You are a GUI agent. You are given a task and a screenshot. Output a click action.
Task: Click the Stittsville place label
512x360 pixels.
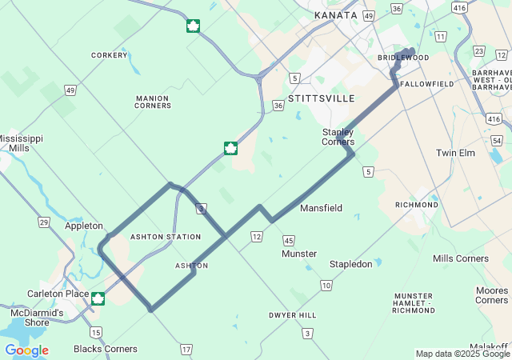pos(321,98)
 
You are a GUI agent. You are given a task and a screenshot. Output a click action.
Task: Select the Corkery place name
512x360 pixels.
pos(110,55)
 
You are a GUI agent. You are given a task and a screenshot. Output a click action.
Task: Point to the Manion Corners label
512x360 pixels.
pos(152,101)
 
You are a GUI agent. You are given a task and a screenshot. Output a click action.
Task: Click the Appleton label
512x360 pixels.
pos(84,226)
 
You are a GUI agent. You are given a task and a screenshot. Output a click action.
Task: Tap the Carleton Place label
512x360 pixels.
pos(57,294)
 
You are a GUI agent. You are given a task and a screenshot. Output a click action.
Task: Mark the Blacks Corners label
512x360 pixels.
pos(105,349)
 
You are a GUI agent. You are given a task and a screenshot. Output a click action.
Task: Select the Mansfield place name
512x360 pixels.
pos(321,208)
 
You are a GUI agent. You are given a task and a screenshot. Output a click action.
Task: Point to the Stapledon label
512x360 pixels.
pos(351,264)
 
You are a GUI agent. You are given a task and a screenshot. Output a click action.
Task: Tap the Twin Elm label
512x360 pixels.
pos(456,153)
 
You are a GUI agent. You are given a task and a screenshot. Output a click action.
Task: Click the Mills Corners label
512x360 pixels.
pos(460,258)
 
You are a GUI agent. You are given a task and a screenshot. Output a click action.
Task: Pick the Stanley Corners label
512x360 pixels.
pos(338,137)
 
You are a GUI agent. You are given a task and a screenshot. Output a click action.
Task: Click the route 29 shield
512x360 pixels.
pos(44,222)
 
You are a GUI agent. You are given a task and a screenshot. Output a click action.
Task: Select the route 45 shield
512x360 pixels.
pos(289,240)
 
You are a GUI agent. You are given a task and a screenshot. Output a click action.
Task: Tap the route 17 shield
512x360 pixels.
pos(186,349)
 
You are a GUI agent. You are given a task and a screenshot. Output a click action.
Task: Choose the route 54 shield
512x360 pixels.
pos(498,141)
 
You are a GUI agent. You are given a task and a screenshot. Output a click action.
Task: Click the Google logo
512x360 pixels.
pos(26,350)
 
